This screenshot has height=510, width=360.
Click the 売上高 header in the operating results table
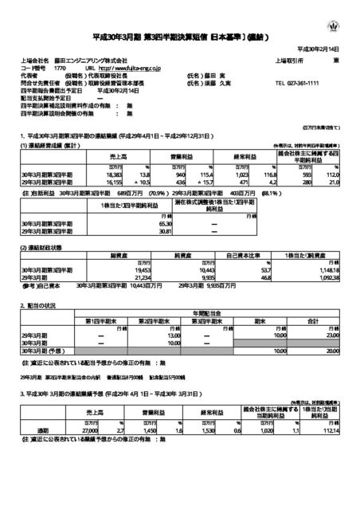point(98,156)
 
